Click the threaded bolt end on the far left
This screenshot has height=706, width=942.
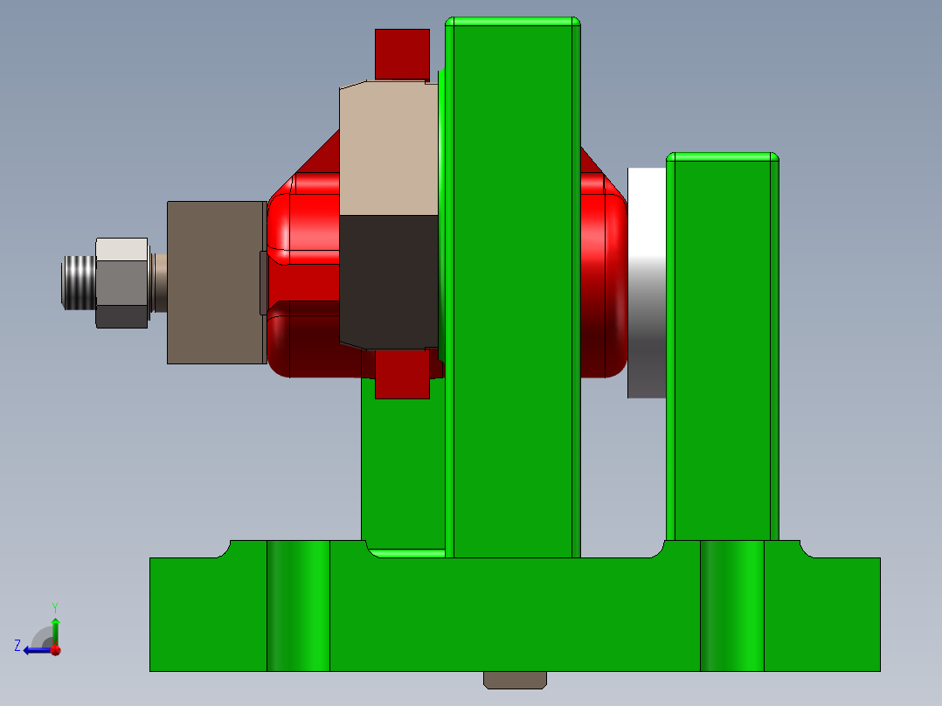coord(77,281)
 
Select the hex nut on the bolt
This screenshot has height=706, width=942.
coord(121,282)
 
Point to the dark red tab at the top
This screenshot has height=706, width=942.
coord(402,53)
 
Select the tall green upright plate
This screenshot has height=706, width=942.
coord(513,288)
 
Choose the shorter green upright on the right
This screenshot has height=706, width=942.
coord(722,350)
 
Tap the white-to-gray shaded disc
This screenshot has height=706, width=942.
coord(647,282)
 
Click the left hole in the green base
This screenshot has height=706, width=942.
coord(298,606)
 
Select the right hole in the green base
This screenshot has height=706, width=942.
coord(732,606)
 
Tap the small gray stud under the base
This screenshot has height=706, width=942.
coord(515,680)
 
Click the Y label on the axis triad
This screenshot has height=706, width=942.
coord(54,606)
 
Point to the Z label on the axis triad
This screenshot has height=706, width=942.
coord(17,646)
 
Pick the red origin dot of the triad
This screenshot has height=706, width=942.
coord(55,649)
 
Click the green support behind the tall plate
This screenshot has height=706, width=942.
coord(402,472)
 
